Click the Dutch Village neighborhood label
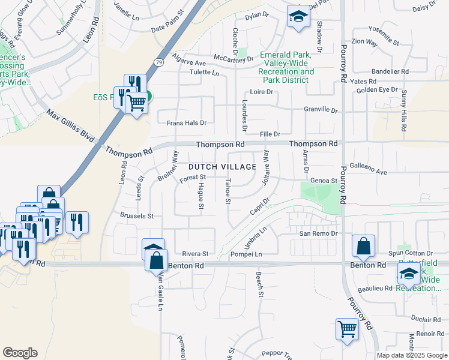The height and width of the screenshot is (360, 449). pyautogui.click(x=223, y=167)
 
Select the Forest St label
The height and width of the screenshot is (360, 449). pyautogui.click(x=194, y=178)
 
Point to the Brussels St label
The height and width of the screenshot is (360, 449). pyautogui.click(x=137, y=215)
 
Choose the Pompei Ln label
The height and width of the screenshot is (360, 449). pyautogui.click(x=247, y=255)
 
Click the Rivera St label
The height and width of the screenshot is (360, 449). pyautogui.click(x=196, y=254)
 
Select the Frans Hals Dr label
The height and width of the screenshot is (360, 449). pyautogui.click(x=186, y=122)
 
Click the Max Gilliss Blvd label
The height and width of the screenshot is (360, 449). pyautogui.click(x=71, y=126)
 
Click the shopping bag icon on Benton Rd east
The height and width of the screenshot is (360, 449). pyautogui.click(x=364, y=245)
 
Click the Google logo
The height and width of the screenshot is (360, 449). pyautogui.click(x=20, y=353)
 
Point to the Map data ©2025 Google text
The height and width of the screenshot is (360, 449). pyautogui.click(x=411, y=355)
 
